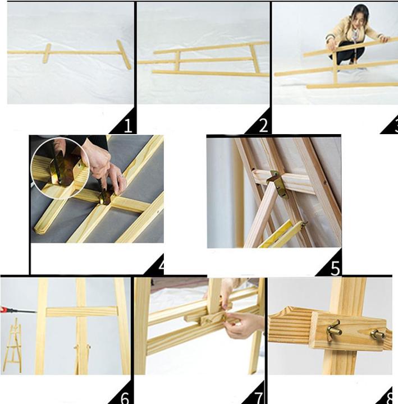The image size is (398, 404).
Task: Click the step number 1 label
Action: pyautogui.click(x=128, y=126)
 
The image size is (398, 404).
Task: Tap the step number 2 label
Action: pyautogui.click(x=263, y=126)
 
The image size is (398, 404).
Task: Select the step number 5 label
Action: pyautogui.click(x=335, y=268)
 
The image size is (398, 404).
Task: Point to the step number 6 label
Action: pyautogui.click(x=125, y=398)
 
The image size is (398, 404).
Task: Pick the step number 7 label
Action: pyautogui.click(x=259, y=398)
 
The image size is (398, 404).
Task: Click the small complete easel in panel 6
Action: pyautogui.click(x=12, y=346)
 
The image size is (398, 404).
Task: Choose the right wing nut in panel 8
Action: pyautogui.click(x=377, y=335)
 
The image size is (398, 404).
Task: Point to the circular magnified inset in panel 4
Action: pyautogui.click(x=60, y=168)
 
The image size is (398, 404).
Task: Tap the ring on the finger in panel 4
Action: pyautogui.click(x=120, y=177)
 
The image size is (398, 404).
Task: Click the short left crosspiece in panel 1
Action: pyautogui.click(x=47, y=53)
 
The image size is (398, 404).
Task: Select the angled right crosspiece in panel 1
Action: pyautogui.click(x=123, y=54)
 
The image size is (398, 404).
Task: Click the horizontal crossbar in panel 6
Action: pyautogui.click(x=82, y=312)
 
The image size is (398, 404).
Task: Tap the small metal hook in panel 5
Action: pyautogui.click(x=305, y=223)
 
